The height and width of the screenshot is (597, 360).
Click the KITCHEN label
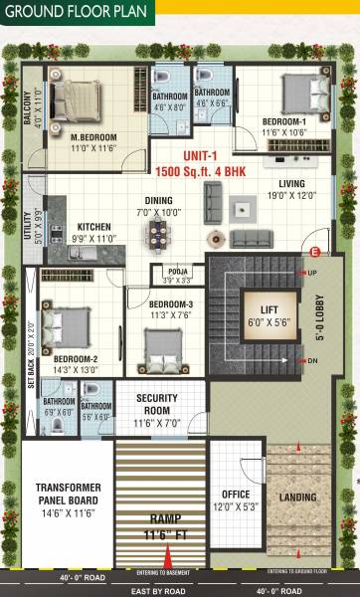tap(94, 226)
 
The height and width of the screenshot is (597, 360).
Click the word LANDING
tap(299, 497)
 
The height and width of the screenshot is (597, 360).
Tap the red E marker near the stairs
tap(315, 252)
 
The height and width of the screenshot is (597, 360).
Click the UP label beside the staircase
tap(313, 272)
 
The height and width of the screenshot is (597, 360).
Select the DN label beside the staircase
tap(313, 361)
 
